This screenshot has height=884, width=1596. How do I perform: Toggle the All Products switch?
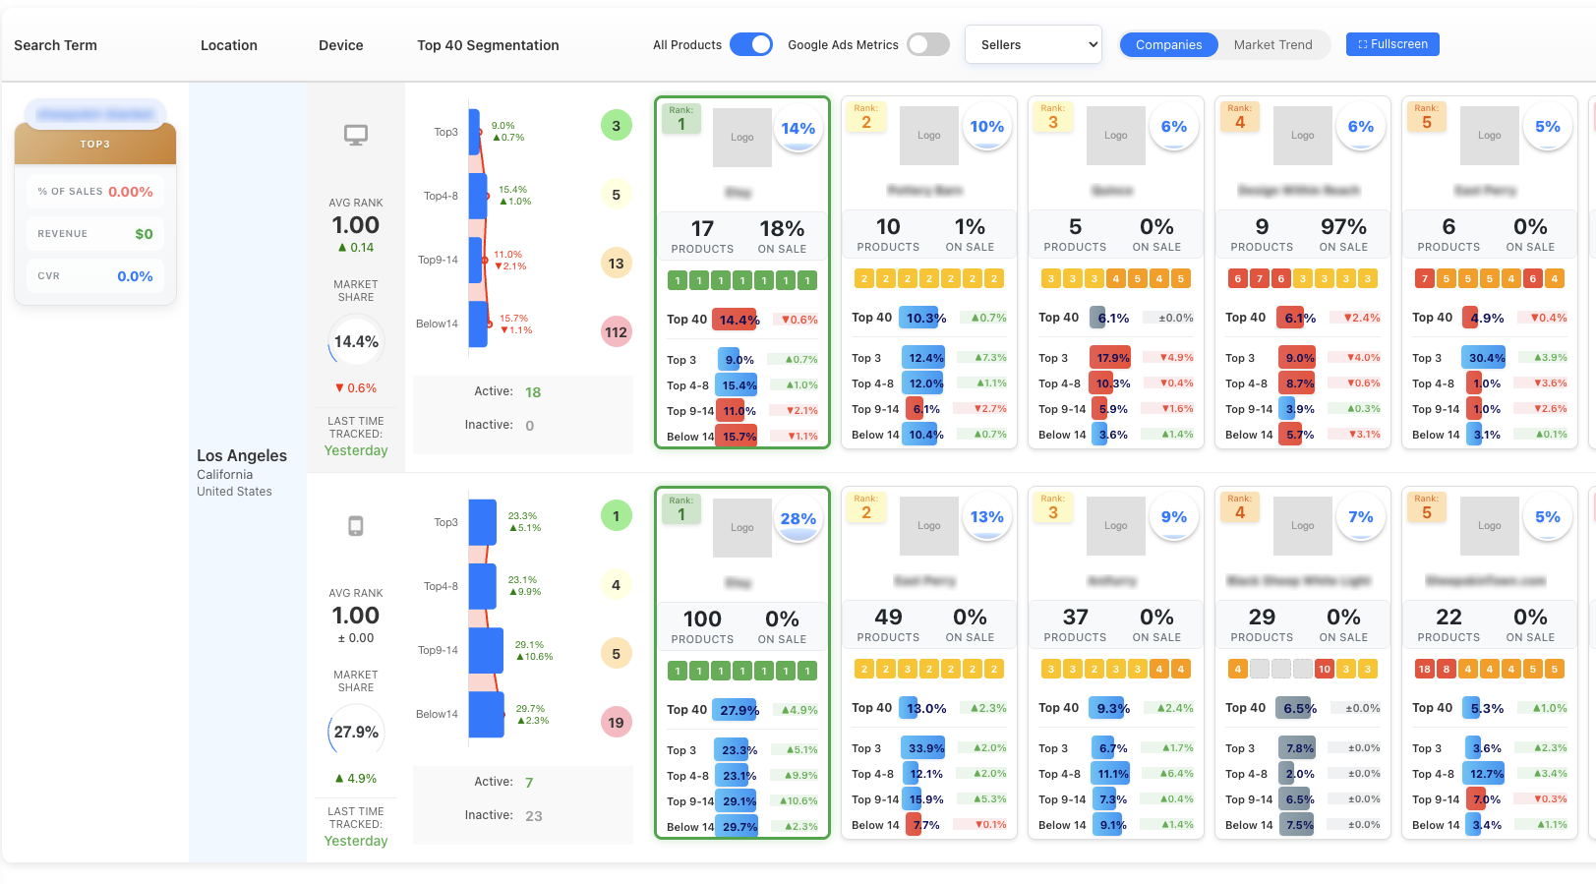751,44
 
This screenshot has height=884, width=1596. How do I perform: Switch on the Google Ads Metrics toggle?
927,44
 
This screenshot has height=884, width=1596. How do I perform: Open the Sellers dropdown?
1034,44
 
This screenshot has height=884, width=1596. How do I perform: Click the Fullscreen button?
1392,44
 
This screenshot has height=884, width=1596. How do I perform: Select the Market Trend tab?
1272,44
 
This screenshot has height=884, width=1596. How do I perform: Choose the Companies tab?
1168,44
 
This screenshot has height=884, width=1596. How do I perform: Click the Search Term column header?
55,45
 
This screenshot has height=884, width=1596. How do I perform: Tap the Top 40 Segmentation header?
488,45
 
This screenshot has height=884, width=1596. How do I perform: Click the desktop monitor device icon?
356,136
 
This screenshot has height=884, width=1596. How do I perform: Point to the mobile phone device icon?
356,526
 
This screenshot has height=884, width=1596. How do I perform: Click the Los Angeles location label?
242,455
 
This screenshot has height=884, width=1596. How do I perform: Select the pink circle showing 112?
616,332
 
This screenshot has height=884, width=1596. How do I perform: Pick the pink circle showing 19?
616,723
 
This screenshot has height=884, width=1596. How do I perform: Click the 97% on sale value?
1343,227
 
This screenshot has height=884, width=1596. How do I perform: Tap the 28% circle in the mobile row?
798,519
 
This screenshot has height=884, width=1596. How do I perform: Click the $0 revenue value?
144,234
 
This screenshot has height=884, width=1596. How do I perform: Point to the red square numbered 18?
1424,670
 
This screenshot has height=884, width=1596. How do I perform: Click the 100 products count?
702,619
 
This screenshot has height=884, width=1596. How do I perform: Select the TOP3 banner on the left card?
95,145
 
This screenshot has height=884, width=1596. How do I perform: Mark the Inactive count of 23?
534,816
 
